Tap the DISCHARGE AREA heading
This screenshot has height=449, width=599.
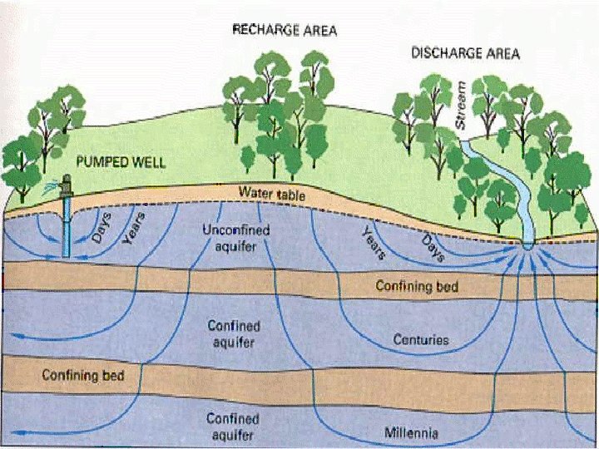pyautogui.click(x=465, y=53)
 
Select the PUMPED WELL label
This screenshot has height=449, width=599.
pyautogui.click(x=121, y=161)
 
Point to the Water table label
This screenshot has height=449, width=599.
pyautogui.click(x=272, y=194)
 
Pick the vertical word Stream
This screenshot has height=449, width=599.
pyautogui.click(x=462, y=104)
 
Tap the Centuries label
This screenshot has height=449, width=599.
pyautogui.click(x=421, y=340)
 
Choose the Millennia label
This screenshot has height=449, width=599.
pyautogui.click(x=413, y=432)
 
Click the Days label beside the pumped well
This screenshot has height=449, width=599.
pyautogui.click(x=101, y=226)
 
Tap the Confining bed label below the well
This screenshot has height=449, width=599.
pyautogui.click(x=83, y=376)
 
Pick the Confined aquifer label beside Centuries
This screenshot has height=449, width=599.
pyautogui.click(x=234, y=333)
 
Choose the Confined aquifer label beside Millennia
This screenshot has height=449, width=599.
pyautogui.click(x=234, y=427)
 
